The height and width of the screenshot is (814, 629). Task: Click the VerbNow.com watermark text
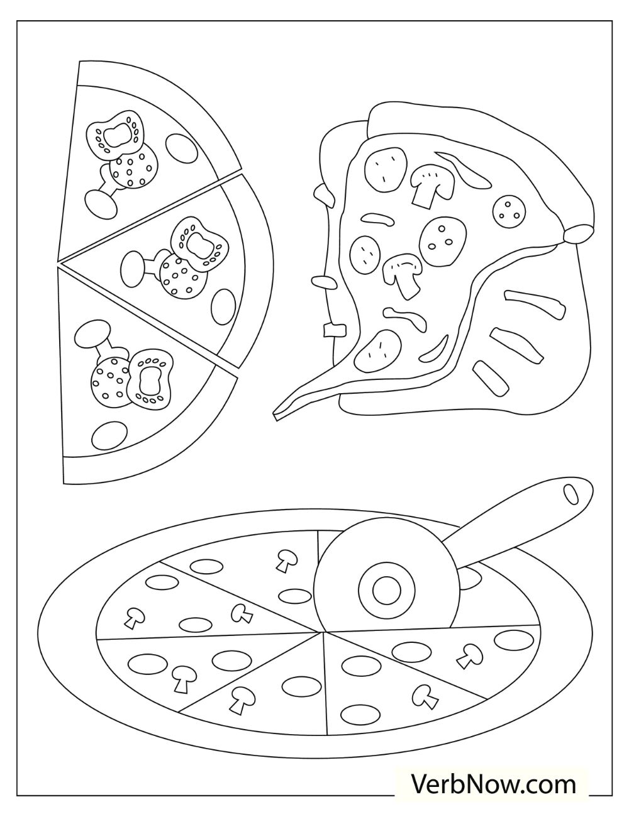tap(494, 784)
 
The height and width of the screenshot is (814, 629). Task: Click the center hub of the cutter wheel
tap(386, 591)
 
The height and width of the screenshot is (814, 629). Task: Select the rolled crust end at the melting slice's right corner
tap(577, 234)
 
